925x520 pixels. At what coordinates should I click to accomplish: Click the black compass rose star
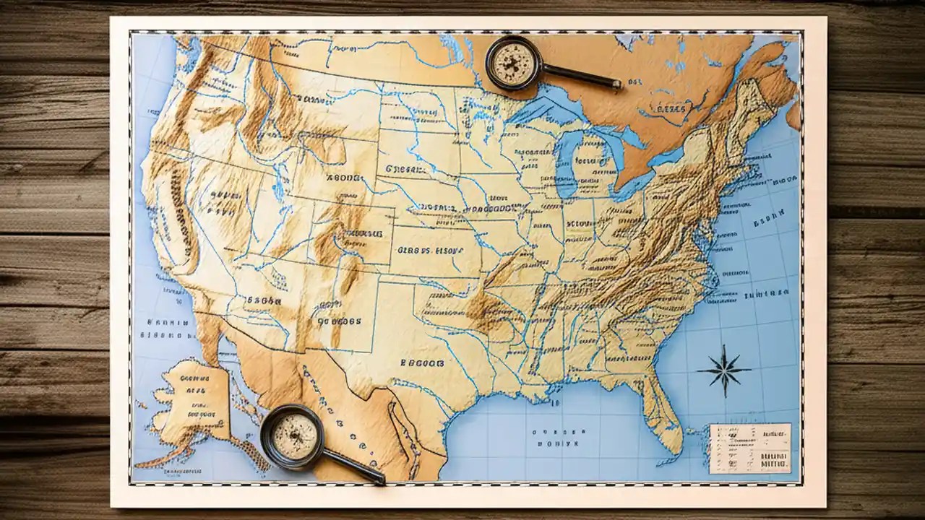click(x=723, y=370)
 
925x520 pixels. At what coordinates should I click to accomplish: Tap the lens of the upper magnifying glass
click(x=514, y=63)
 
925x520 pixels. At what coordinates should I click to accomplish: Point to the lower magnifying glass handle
click(x=353, y=467)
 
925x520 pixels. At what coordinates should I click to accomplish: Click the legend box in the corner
click(x=750, y=448)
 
